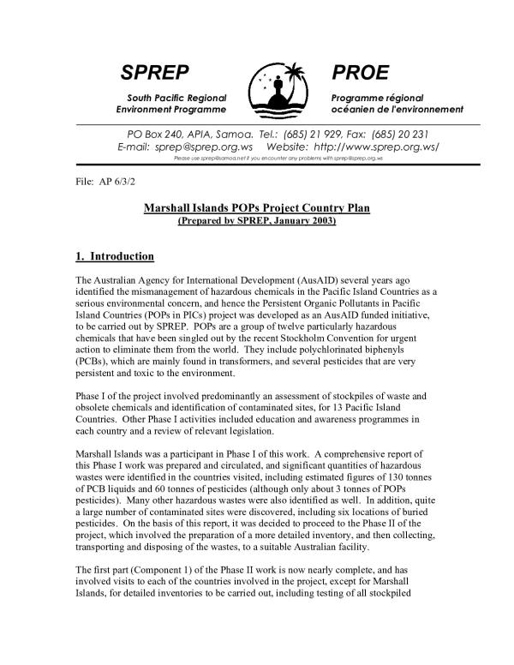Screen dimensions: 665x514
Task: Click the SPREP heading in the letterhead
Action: pos(154,72)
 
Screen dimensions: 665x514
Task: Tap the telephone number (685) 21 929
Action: pos(314,134)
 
